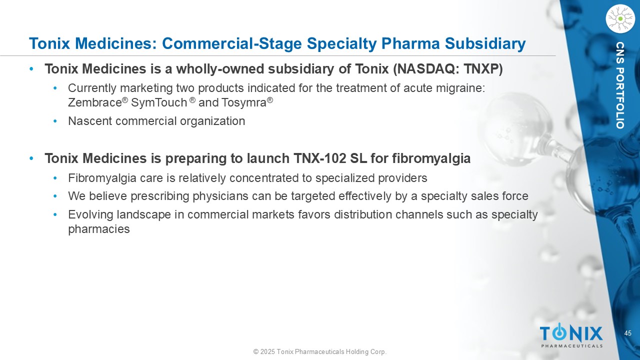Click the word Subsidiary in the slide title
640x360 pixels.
pyautogui.click(x=485, y=44)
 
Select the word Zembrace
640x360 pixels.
pyautogui.click(x=95, y=102)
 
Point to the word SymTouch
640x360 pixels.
pyautogui.click(x=159, y=102)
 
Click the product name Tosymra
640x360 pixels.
pyautogui.click(x=243, y=102)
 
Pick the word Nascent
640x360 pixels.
pyautogui.click(x=90, y=121)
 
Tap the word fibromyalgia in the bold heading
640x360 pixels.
pyautogui.click(x=431, y=158)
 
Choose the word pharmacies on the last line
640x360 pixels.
pyautogui.click(x=99, y=229)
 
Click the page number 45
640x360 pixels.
pyautogui.click(x=627, y=333)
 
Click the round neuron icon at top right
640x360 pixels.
pyautogui.click(x=620, y=19)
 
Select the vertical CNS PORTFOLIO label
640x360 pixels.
pyautogui.click(x=620, y=85)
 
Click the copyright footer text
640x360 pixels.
pyautogui.click(x=320, y=351)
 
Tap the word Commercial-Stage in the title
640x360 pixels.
pyautogui.click(x=231, y=44)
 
